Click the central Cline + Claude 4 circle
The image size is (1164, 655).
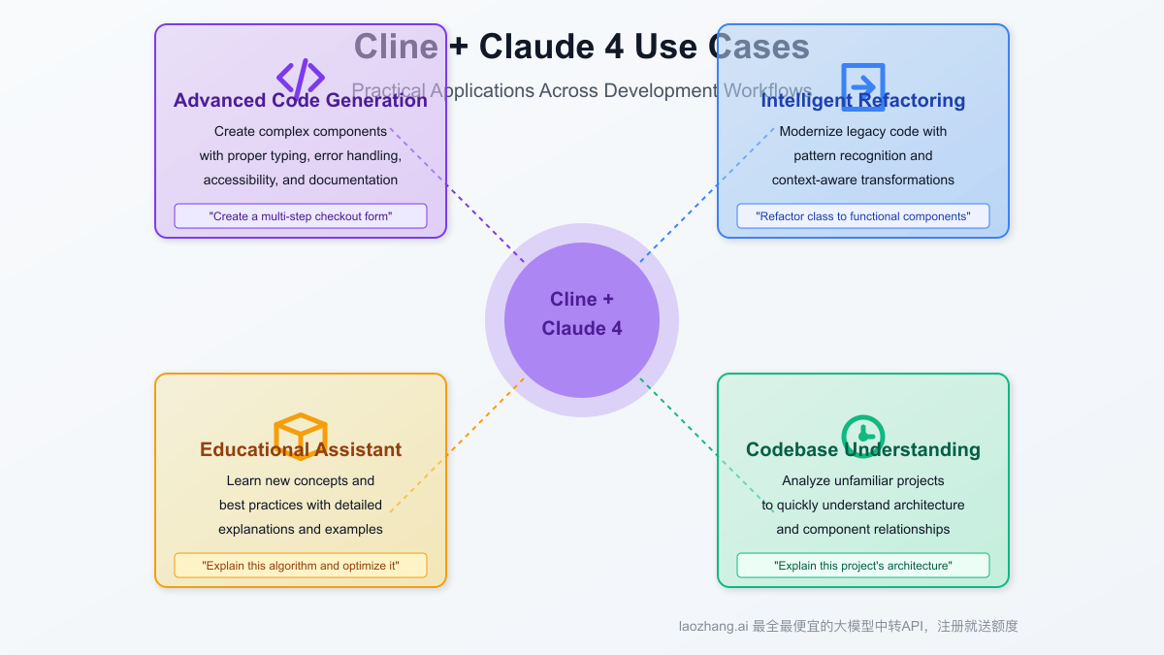(x=582, y=320)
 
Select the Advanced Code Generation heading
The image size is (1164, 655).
(x=300, y=101)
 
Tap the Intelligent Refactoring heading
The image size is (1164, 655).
(x=862, y=101)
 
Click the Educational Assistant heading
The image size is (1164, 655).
(x=300, y=450)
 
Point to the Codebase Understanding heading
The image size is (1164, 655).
(x=862, y=450)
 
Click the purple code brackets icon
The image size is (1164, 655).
(x=300, y=77)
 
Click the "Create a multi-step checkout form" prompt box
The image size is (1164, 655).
(x=301, y=216)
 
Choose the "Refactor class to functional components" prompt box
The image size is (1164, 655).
(x=863, y=216)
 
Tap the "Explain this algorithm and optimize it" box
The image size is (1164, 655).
(x=301, y=566)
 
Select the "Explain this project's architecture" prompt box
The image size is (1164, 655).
(x=863, y=566)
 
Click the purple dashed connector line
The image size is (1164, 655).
(x=456, y=194)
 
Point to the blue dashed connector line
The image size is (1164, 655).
(x=708, y=194)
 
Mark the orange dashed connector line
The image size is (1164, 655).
(x=456, y=446)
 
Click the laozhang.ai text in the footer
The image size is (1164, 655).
(x=713, y=627)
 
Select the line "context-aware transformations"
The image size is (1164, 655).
(x=862, y=180)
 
